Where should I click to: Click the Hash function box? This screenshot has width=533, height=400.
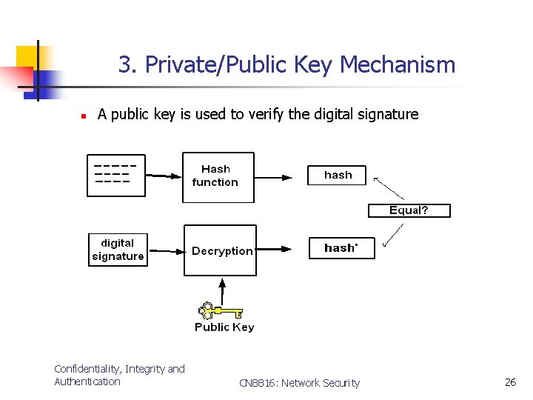tap(218, 177)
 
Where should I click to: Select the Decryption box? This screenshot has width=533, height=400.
tap(220, 250)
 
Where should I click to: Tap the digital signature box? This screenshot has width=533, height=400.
tap(118, 250)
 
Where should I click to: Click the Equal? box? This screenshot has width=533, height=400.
tap(409, 210)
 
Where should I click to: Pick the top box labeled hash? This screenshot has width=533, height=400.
tap(337, 176)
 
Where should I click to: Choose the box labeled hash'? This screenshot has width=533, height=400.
tap(341, 248)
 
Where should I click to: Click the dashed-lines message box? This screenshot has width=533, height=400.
tap(116, 176)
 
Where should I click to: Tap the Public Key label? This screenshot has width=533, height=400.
tap(224, 327)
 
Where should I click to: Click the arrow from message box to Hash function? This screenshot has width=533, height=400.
tap(163, 176)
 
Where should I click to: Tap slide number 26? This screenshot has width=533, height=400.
tap(510, 382)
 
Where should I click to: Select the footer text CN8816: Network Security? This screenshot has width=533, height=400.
tap(299, 383)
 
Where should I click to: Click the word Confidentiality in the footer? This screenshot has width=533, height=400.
tap(87, 369)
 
